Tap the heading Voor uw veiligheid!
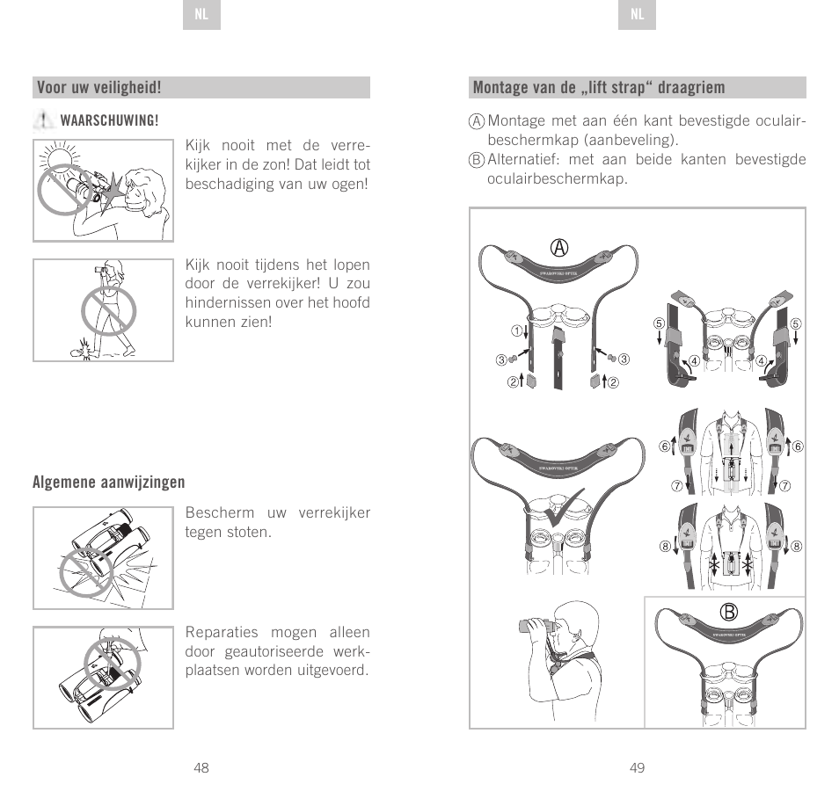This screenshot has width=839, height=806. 98,88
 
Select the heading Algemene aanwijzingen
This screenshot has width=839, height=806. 109,483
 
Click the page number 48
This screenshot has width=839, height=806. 201,768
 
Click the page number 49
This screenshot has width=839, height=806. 638,768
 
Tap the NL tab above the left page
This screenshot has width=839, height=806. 201,16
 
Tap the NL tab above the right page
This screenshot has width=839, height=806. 638,16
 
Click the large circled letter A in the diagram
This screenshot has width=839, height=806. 557,249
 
